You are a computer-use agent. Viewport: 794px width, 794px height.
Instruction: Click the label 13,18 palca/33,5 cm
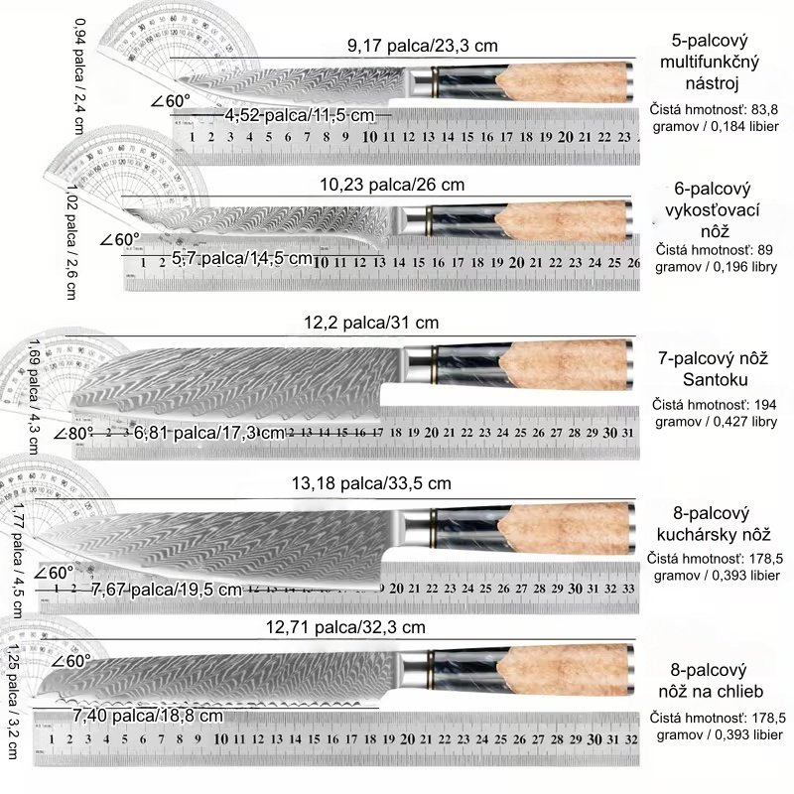point(371,483)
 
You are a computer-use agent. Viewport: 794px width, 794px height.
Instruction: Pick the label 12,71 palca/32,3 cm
point(345,627)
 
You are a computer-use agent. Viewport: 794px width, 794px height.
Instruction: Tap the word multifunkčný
point(708,64)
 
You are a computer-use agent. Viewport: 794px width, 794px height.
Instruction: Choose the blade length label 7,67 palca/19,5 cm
point(166,590)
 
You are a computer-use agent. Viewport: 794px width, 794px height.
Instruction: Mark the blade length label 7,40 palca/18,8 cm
point(148,715)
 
